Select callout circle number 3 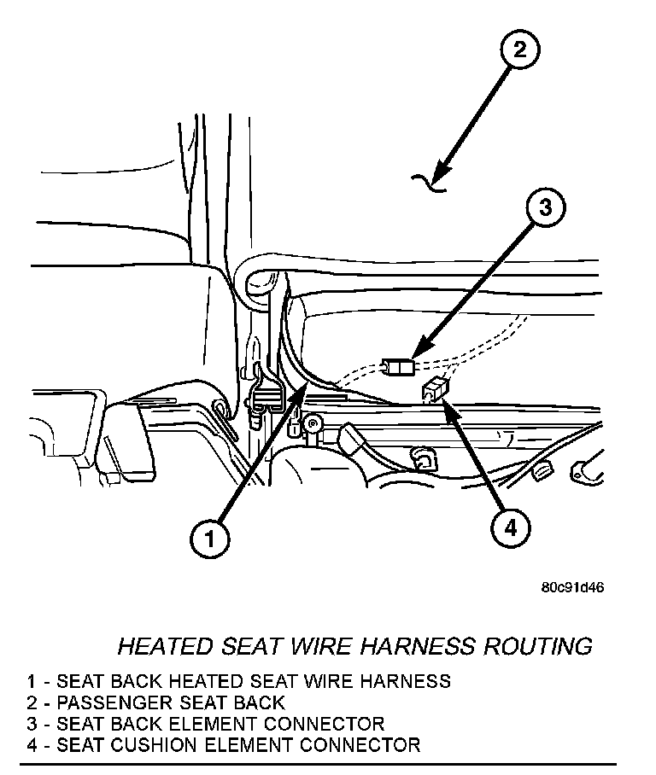coord(546,207)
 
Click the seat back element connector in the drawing coord(398,367)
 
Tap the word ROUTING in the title coord(537,645)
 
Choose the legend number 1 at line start coord(32,681)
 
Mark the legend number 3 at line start coord(32,724)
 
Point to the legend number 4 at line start coord(32,745)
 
